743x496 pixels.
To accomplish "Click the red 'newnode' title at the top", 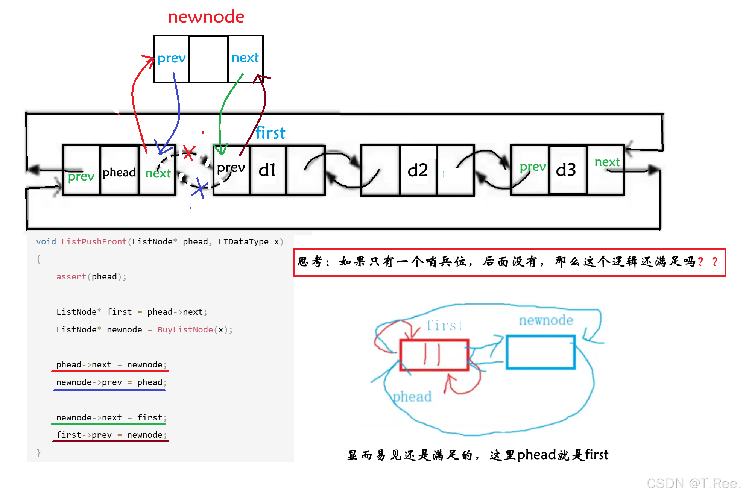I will point(206,17).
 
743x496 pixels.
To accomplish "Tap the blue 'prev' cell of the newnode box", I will point(171,58).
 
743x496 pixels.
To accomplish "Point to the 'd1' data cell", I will point(267,170).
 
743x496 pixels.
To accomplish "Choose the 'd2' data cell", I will point(418,170).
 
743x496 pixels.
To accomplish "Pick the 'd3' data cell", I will point(566,170).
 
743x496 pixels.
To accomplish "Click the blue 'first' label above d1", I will point(270,133).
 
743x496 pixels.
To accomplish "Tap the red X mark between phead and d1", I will point(189,152).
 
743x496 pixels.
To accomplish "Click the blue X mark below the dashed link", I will point(200,188).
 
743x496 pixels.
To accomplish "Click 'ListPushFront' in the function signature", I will point(94,241).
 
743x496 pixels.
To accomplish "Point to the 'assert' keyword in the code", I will point(71,277).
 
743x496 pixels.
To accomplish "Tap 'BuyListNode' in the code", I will point(185,330).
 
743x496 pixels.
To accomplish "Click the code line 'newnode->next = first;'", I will point(111,417).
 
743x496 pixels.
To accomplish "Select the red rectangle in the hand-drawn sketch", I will point(434,355).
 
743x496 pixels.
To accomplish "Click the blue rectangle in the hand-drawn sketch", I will point(540,352).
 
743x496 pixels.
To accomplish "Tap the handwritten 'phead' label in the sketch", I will point(412,397).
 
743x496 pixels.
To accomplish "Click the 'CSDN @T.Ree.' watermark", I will point(693,483).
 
